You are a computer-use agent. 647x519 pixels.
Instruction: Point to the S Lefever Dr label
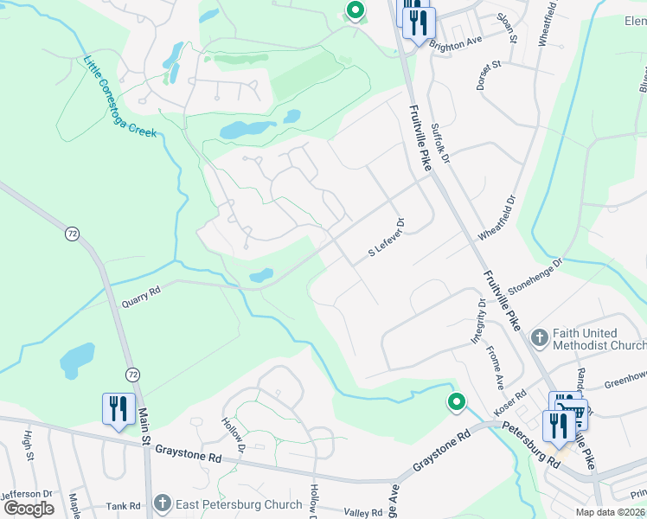[388, 237]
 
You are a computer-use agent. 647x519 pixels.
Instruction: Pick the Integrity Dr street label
[478, 323]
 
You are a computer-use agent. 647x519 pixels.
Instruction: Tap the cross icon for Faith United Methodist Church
[539, 337]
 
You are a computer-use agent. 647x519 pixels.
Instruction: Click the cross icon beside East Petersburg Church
[162, 503]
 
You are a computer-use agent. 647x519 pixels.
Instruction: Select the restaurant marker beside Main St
[118, 409]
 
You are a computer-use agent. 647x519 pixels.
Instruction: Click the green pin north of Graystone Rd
[456, 402]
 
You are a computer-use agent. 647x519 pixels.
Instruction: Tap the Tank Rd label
[123, 507]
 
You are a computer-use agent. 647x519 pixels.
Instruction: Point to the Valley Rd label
[363, 513]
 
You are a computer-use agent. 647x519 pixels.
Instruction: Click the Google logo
[29, 509]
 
